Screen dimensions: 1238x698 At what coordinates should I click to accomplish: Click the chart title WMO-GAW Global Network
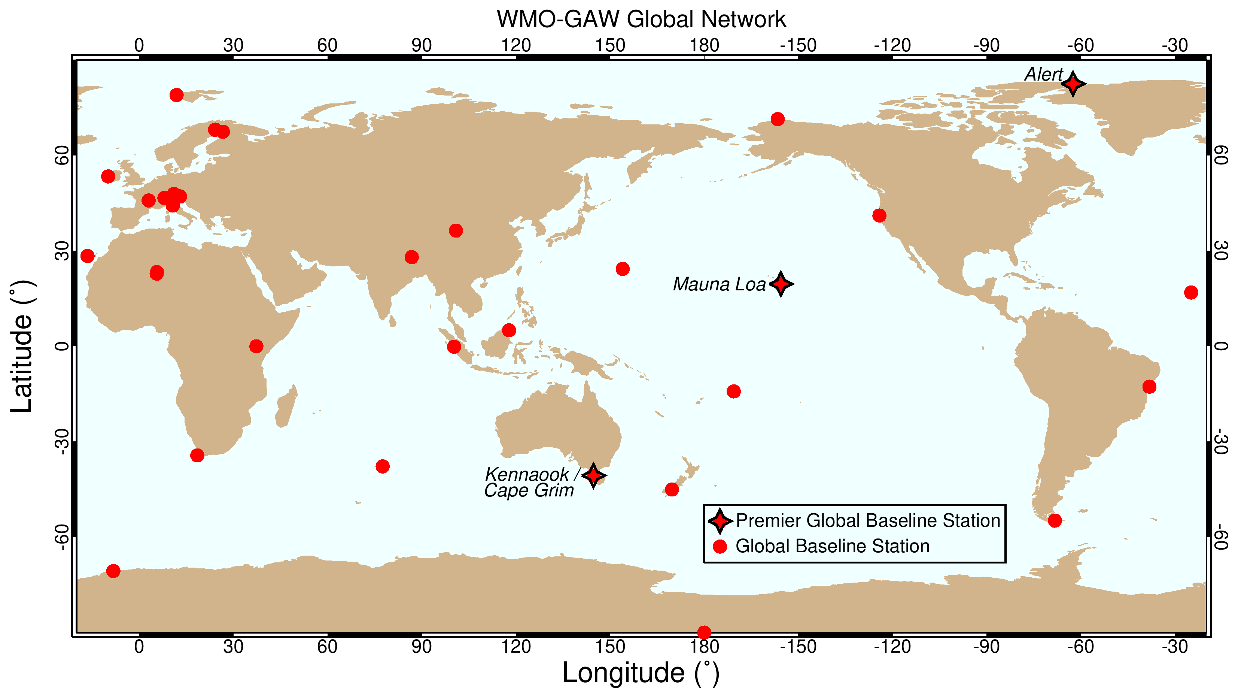[641, 19]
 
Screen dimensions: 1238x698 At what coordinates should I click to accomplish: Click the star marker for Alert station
[1073, 84]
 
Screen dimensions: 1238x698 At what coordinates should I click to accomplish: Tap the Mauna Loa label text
[718, 284]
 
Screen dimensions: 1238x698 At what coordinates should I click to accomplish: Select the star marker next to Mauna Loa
[781, 284]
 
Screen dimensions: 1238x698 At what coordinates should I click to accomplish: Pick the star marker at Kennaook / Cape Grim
[593, 475]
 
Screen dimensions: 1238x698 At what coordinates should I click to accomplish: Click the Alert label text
[1043, 75]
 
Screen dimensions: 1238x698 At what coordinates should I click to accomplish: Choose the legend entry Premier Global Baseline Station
[867, 520]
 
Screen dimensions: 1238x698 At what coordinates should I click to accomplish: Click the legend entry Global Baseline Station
[832, 546]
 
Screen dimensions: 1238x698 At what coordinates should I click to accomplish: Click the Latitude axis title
[22, 346]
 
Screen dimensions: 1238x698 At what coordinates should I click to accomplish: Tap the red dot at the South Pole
[704, 632]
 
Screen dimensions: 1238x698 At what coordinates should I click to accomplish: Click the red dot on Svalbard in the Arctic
[176, 95]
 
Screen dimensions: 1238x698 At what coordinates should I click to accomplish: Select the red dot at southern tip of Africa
[197, 455]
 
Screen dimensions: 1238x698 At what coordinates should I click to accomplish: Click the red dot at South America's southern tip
[1055, 520]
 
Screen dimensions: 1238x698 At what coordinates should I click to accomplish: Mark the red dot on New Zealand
[672, 490]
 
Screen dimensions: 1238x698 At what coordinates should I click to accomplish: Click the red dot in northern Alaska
[778, 119]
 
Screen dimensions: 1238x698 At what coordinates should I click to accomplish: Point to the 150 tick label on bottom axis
[610, 647]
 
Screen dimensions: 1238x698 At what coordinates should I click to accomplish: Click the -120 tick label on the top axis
[892, 45]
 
